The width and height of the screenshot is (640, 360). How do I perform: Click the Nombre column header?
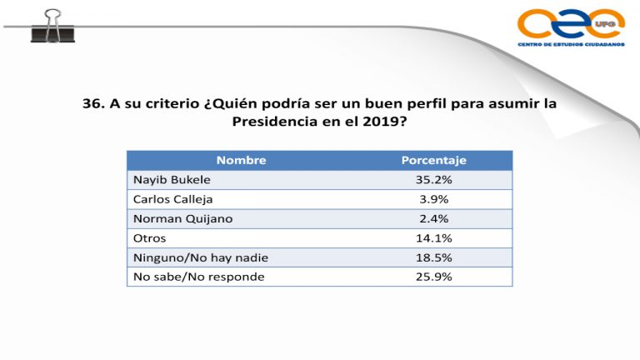tap(240, 160)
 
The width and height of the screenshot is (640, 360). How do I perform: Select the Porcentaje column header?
tap(433, 160)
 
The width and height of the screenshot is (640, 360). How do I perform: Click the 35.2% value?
tap(433, 179)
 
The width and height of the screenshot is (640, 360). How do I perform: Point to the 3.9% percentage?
tap(433, 199)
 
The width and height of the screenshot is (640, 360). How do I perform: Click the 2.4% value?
tap(433, 218)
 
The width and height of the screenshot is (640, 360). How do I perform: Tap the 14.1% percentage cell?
tap(433, 237)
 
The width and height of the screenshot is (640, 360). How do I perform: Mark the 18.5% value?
tap(433, 257)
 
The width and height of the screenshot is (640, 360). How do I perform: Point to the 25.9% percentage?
tap(433, 276)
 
